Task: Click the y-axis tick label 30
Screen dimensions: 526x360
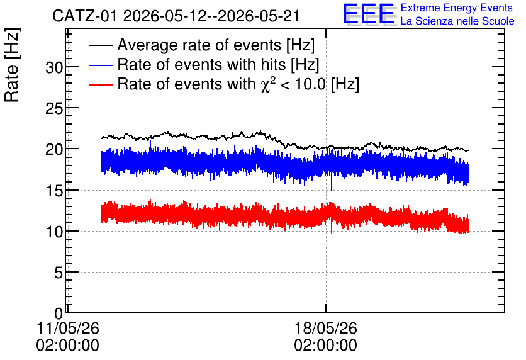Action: [x=54, y=68]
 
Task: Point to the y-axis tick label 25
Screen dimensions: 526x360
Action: [x=54, y=109]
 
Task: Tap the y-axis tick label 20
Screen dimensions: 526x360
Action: [x=54, y=150]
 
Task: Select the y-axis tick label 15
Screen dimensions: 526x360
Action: [x=54, y=191]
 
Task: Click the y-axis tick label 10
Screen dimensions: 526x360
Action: [x=54, y=232]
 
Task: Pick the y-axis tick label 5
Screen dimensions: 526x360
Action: [x=59, y=273]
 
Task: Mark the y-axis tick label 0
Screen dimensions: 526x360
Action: [x=59, y=313]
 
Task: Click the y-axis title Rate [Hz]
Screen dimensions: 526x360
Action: [x=12, y=65]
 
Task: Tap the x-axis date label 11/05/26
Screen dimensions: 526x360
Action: [x=68, y=328]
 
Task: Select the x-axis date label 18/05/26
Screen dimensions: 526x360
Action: [x=326, y=328]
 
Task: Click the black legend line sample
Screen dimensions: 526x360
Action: [x=100, y=45]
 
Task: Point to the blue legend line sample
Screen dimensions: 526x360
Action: [x=100, y=65]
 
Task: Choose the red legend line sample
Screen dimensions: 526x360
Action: [x=100, y=84]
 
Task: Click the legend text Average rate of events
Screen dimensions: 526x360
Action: [x=199, y=45]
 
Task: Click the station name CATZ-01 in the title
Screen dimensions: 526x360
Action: [x=85, y=16]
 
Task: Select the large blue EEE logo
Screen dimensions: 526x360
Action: [x=369, y=14]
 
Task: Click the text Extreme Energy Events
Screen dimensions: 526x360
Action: [x=457, y=8]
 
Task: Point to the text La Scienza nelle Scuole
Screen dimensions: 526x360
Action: [x=457, y=21]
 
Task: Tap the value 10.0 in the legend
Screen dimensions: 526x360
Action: [x=310, y=84]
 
